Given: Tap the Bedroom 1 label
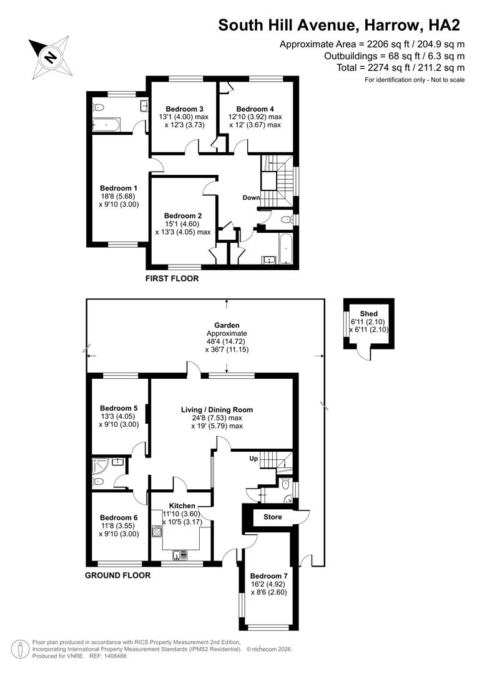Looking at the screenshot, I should [x=119, y=188].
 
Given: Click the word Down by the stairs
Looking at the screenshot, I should [x=251, y=198].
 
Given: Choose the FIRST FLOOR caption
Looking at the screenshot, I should [x=172, y=278].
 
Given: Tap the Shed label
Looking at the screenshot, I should [x=368, y=313].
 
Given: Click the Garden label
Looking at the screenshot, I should [x=226, y=325].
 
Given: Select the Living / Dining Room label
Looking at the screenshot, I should [x=217, y=410].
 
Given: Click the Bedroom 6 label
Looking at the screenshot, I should [x=119, y=517].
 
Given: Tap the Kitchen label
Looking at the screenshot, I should [x=180, y=506].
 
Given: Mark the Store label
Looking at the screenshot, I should [x=272, y=517].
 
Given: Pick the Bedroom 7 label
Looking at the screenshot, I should [x=268, y=576].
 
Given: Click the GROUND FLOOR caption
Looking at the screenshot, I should [x=118, y=575].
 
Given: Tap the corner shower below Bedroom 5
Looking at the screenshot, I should [x=101, y=466].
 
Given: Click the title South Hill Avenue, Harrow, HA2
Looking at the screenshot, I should [x=339, y=25].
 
